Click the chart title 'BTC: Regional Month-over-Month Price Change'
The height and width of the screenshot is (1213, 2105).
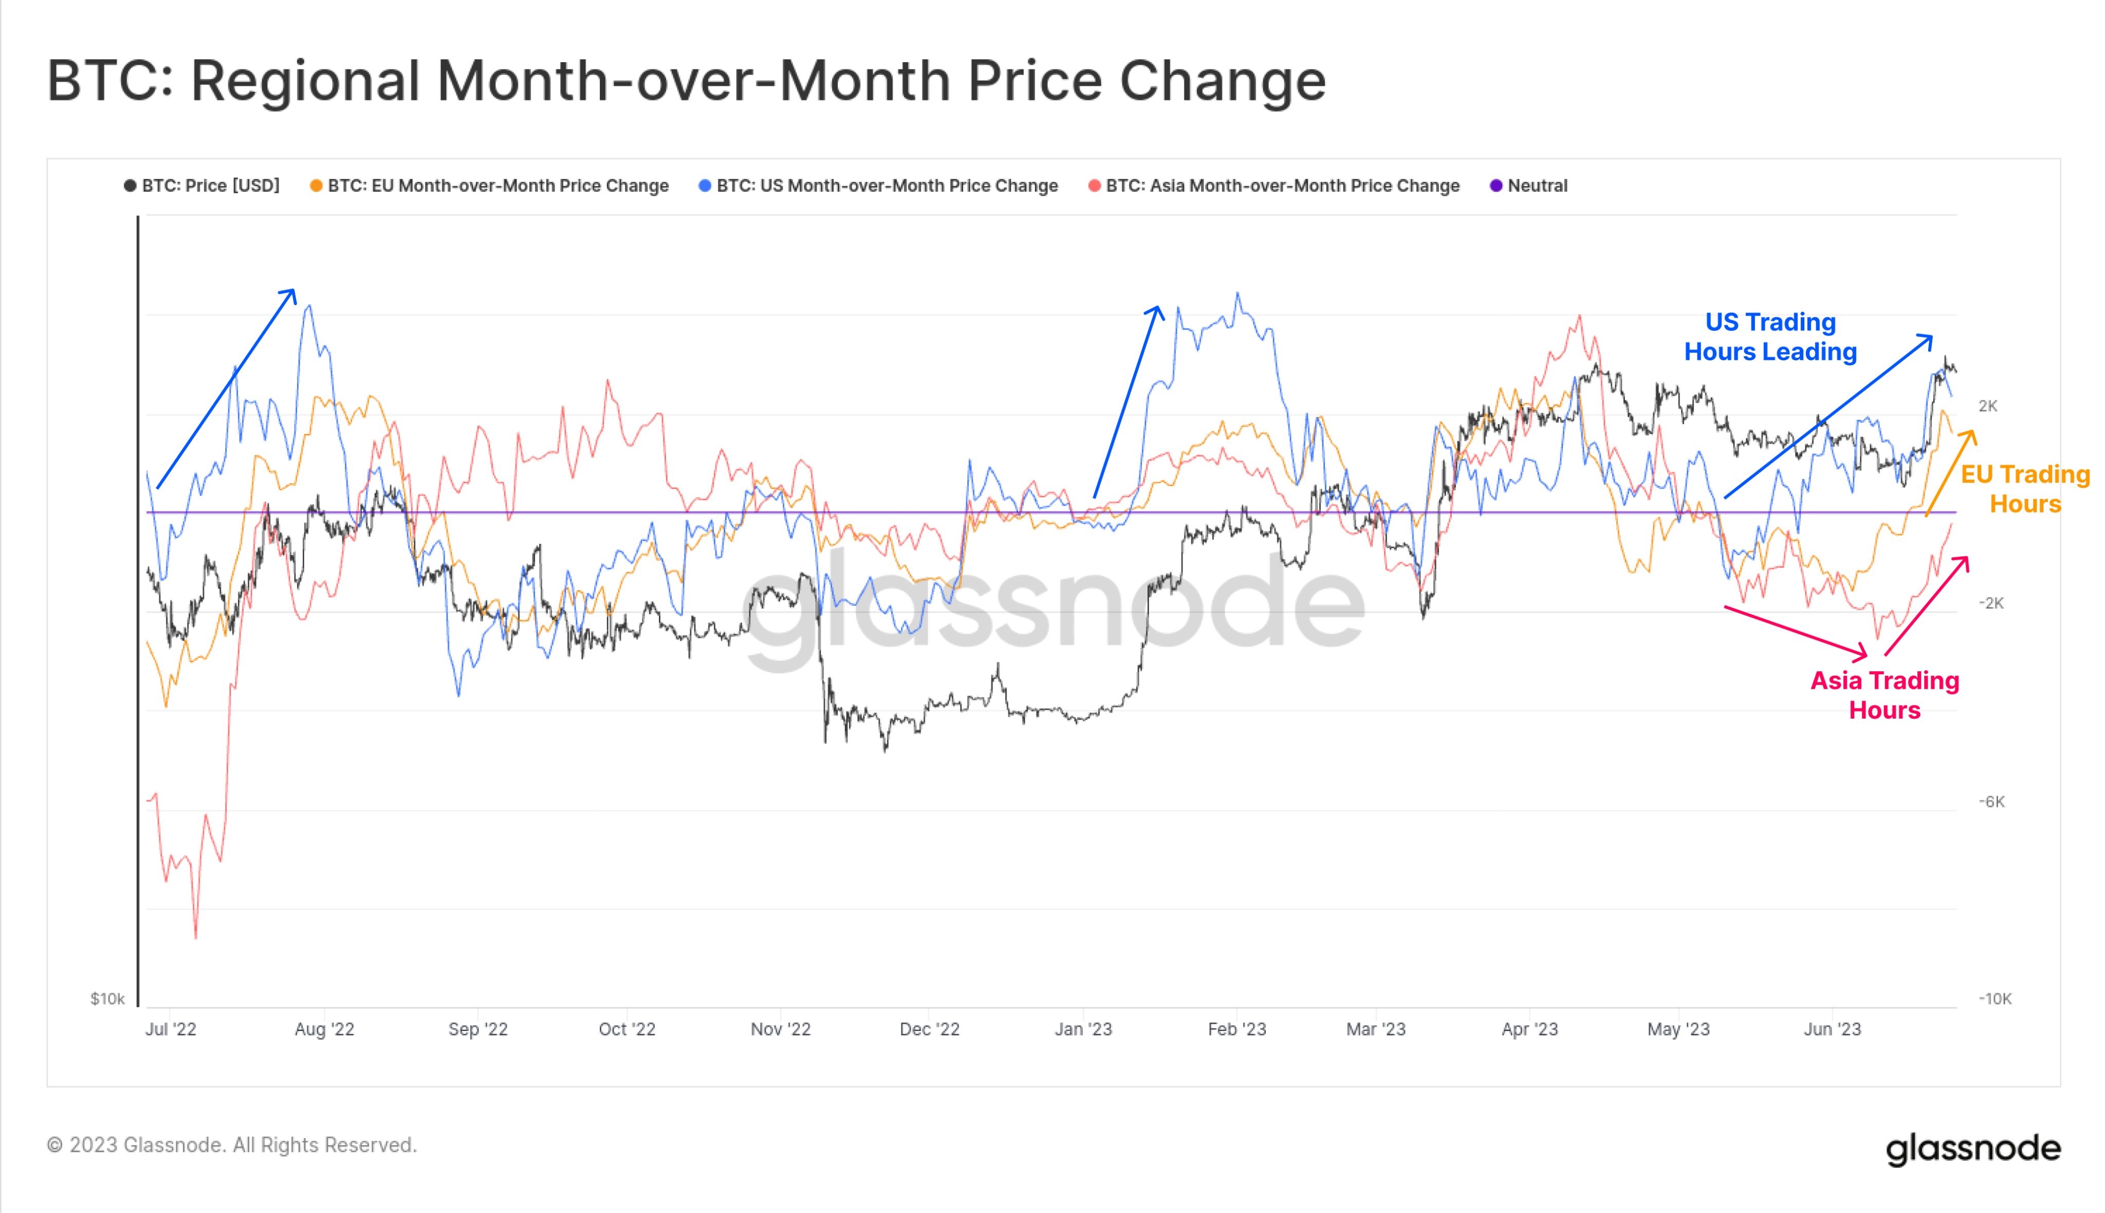click(686, 81)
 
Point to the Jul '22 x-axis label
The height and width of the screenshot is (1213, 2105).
click(171, 1029)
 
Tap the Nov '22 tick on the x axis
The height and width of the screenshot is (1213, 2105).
click(781, 1029)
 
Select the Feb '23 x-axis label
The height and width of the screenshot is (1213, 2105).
click(1237, 1029)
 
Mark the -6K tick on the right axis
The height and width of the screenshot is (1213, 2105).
click(1992, 801)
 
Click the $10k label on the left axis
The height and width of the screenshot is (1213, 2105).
click(107, 998)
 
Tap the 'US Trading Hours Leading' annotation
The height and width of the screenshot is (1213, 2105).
click(1770, 337)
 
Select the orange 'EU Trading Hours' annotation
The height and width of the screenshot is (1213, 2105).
click(2025, 489)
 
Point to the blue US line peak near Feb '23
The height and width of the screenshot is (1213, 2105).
click(1238, 293)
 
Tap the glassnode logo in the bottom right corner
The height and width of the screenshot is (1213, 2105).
click(1972, 1148)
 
